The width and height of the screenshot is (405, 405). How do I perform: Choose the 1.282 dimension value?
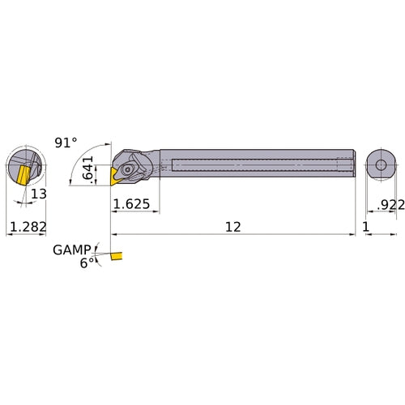tap(26, 228)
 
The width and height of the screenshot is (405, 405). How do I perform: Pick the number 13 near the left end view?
tap(40, 194)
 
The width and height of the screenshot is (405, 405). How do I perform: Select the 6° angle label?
tap(84, 263)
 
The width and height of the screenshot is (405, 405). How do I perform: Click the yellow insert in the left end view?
tap(19, 173)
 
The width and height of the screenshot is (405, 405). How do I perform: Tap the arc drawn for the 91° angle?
tap(77, 166)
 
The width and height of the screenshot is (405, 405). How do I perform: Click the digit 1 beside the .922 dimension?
tap(366, 228)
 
